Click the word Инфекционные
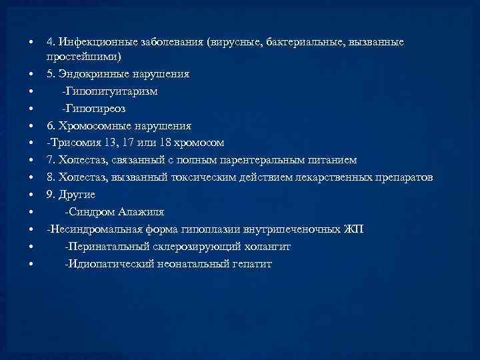click(97, 43)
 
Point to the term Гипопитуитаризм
click(110, 91)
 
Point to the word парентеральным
click(254, 161)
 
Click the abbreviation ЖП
click(354, 230)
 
